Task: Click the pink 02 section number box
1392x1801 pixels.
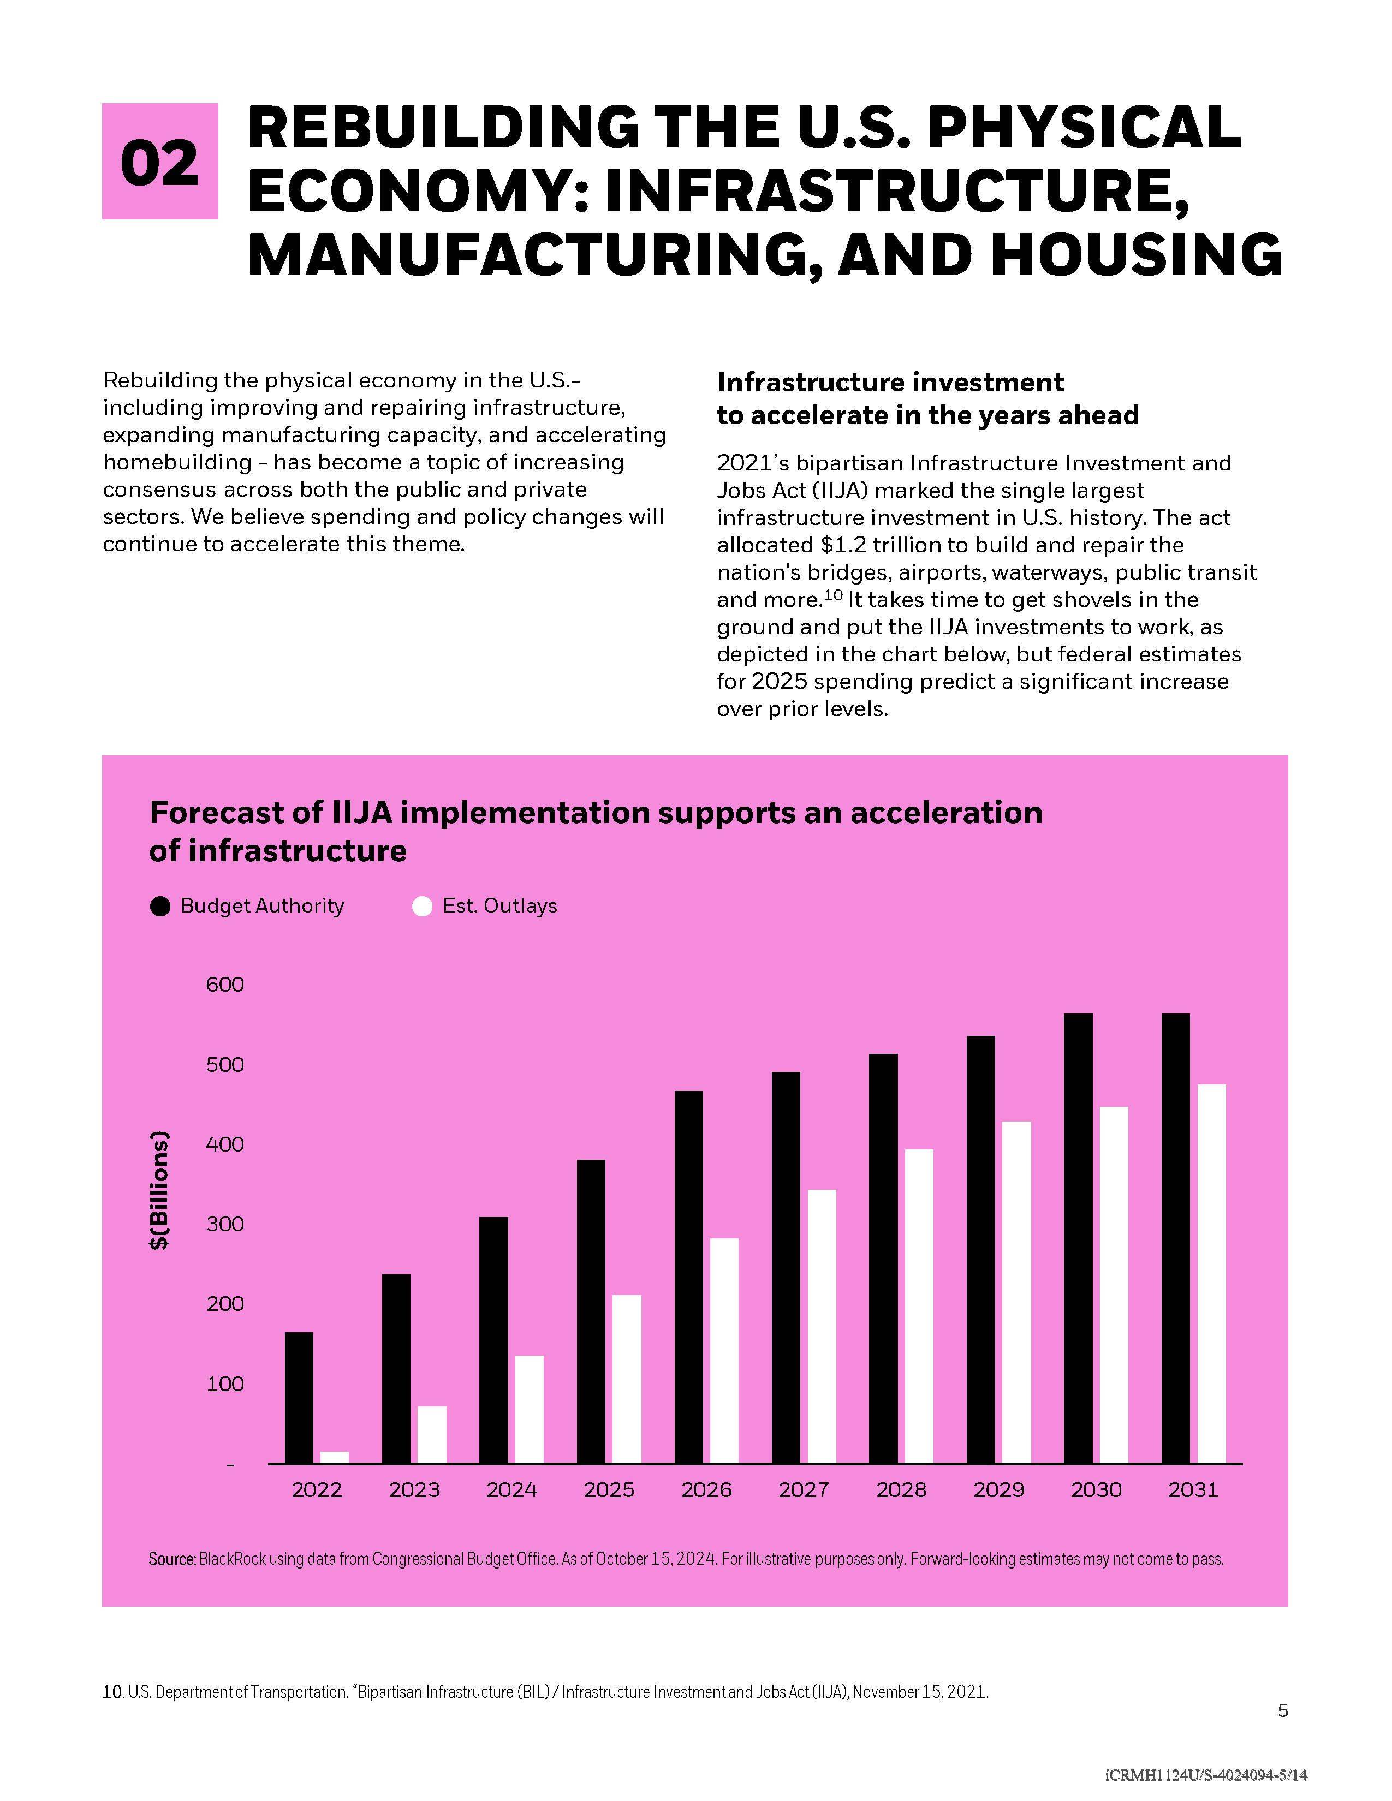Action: coord(159,161)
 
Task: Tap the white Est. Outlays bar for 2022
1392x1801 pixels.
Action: coord(334,1457)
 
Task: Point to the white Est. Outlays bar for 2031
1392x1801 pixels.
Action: coord(1211,1273)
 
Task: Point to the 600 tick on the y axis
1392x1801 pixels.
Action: coord(225,984)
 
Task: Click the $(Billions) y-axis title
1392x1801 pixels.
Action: coord(159,1190)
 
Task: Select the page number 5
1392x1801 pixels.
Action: coord(1282,1711)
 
